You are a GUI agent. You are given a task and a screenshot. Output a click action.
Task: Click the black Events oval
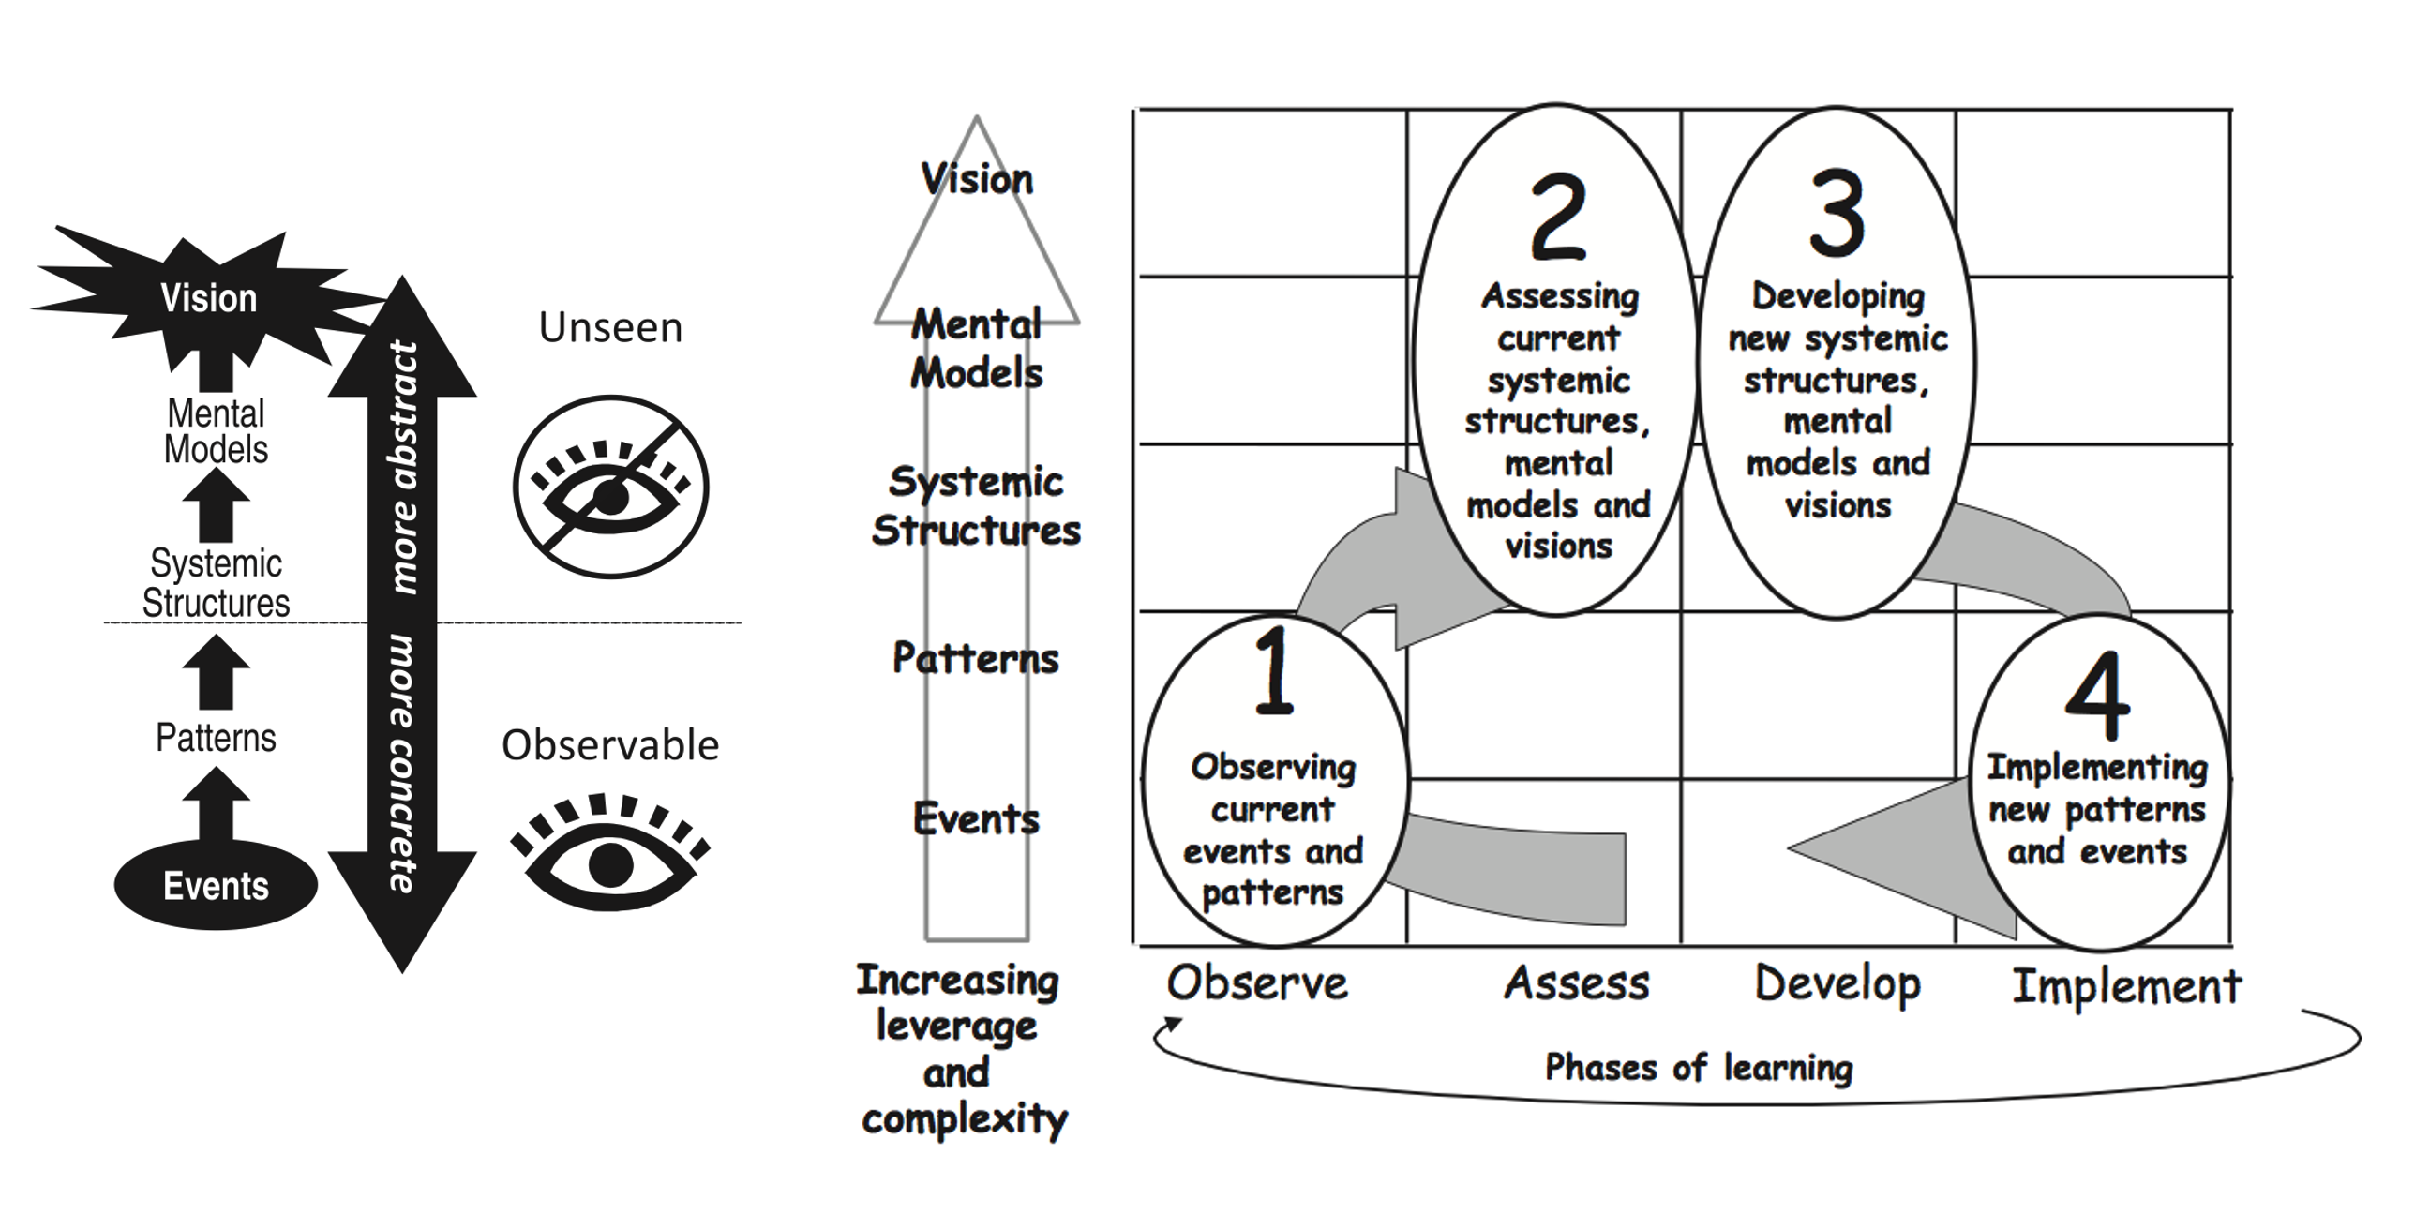pos(216,885)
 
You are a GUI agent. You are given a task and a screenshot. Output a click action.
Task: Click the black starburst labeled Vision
pos(208,298)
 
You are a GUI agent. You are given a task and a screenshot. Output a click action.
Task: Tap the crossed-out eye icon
pos(610,487)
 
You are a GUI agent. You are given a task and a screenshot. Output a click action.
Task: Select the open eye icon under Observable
pos(610,852)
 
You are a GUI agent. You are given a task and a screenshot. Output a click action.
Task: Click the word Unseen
pos(610,327)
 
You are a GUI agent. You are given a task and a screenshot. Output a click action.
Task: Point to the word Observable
pos(610,745)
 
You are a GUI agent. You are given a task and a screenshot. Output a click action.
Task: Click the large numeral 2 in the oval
pos(1558,217)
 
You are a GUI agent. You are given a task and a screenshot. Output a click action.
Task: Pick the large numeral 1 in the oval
pos(1274,670)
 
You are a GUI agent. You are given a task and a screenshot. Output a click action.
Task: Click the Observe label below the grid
pos(1257,983)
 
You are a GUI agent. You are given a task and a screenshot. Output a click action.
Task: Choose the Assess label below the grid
pos(1577,983)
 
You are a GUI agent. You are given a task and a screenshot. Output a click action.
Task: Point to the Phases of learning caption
pos(1699,1067)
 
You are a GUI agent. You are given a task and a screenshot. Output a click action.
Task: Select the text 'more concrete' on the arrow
pos(402,763)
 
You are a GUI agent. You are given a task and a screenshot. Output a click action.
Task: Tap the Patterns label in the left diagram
pos(216,738)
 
